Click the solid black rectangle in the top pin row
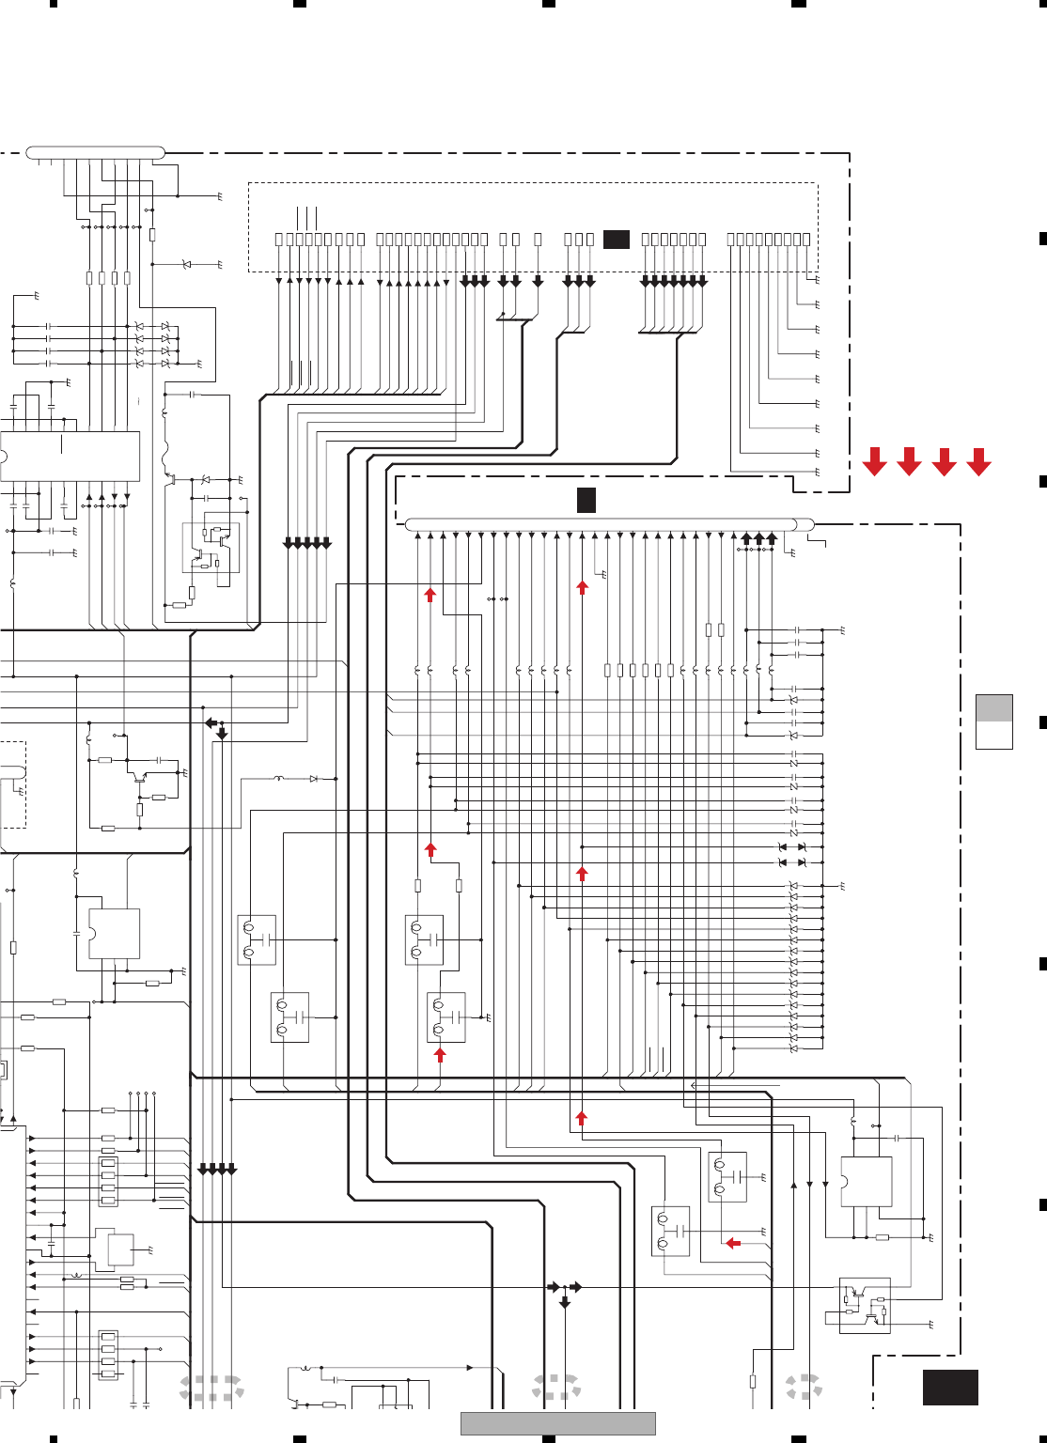point(616,240)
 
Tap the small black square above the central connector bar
point(586,500)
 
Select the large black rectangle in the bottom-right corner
point(950,1387)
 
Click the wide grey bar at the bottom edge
point(557,1423)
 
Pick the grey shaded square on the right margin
point(993,707)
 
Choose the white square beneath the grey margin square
point(993,735)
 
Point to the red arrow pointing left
point(733,1243)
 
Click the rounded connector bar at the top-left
point(95,152)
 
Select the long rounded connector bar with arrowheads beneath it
point(609,524)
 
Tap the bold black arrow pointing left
point(211,722)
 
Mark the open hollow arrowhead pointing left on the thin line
point(694,1085)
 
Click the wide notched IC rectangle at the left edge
point(70,457)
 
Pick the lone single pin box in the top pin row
point(538,240)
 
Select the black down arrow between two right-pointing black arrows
point(564,1302)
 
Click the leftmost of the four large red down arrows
point(874,461)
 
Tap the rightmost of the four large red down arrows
point(978,461)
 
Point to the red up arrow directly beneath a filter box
point(439,1055)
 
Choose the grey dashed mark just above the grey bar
point(556,1388)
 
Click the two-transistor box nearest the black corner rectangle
point(865,1306)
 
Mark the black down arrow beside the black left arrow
point(222,733)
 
